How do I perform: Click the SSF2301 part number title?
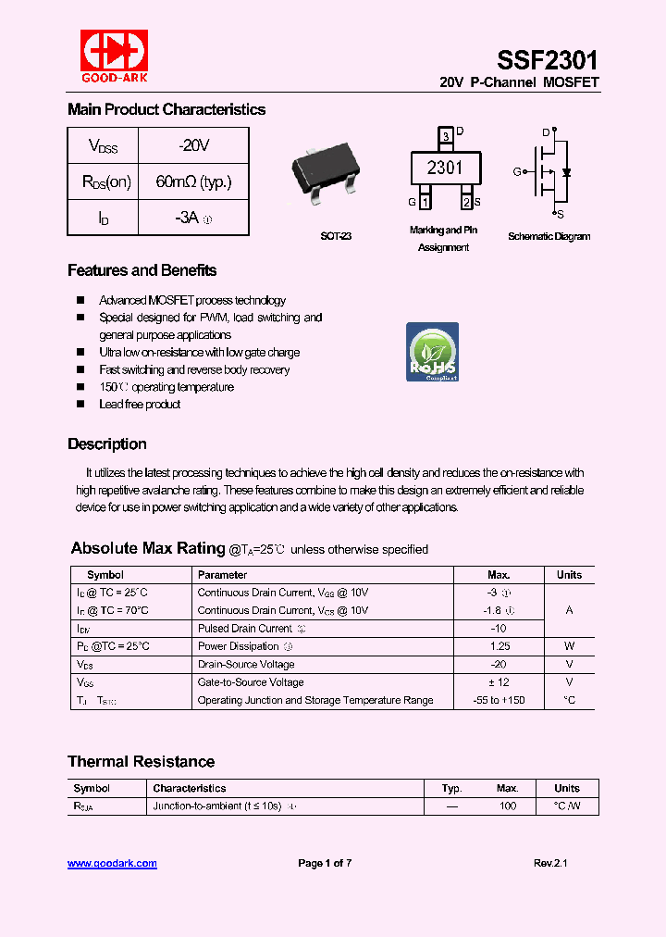(547, 60)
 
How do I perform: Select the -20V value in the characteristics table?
(193, 145)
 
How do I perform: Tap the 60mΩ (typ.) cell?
(193, 181)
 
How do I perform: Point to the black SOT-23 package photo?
(326, 174)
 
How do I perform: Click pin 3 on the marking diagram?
(446, 136)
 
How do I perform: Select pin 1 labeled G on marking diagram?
(425, 202)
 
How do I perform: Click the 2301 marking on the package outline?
(445, 168)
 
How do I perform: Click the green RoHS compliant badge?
(433, 353)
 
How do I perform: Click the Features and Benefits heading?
(142, 270)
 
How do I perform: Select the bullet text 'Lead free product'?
(140, 405)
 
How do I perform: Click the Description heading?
(107, 444)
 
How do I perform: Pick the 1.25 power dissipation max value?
(499, 646)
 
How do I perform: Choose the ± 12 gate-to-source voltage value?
(499, 682)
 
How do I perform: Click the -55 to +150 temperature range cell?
(499, 700)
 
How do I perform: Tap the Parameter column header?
(223, 575)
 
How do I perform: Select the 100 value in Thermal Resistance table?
(507, 806)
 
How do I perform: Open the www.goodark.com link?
(112, 863)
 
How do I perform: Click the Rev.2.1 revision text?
(550, 863)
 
